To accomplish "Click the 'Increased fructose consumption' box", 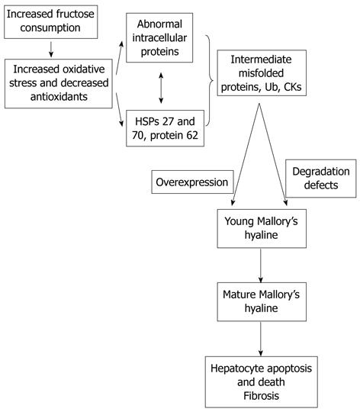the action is pos(50,22).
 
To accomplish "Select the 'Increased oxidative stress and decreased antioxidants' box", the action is pos(59,84).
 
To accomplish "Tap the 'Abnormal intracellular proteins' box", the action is pos(159,37).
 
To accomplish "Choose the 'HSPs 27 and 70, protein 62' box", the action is pos(166,128).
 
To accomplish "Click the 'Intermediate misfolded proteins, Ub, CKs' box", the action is pos(262,72).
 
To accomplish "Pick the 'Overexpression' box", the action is pos(192,182).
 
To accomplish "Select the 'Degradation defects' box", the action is pos(321,179).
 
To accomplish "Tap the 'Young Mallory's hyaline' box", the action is pos(262,228).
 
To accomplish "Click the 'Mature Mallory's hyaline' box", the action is pos(262,301).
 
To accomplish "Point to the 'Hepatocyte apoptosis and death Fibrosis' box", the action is pos(262,381).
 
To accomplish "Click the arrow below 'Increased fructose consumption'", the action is pos(51,49).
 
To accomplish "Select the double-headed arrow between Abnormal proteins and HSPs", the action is pos(161,88).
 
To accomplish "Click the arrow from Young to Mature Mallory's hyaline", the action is pos(261,266).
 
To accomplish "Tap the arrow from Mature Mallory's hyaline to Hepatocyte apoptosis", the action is pos(261,339).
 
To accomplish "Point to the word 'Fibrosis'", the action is pos(262,396).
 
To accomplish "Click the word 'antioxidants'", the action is pos(59,97).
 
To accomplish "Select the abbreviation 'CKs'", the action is pos(293,87).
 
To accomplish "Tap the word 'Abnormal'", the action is pos(159,24).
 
